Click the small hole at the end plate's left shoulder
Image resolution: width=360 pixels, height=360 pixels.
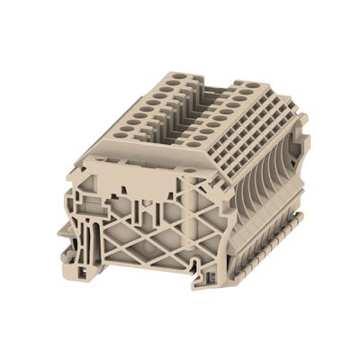(x=83, y=165)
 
